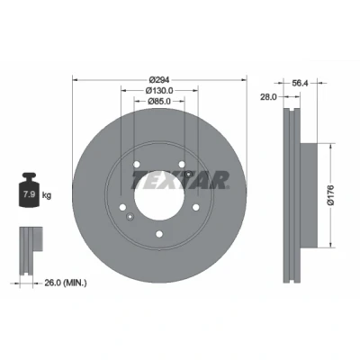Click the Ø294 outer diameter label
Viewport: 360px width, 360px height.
click(159, 80)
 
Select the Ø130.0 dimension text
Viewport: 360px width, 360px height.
click(159, 90)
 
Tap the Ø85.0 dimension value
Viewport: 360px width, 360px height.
click(159, 102)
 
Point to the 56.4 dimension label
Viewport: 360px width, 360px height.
click(300, 83)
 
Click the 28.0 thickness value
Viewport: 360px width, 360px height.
click(268, 97)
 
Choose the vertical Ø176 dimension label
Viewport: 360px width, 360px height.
click(330, 195)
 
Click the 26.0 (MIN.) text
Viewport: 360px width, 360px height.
click(66, 283)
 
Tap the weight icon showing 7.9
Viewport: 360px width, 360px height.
click(29, 190)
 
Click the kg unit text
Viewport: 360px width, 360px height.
click(47, 195)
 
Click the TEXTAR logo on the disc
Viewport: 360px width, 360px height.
click(181, 180)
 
